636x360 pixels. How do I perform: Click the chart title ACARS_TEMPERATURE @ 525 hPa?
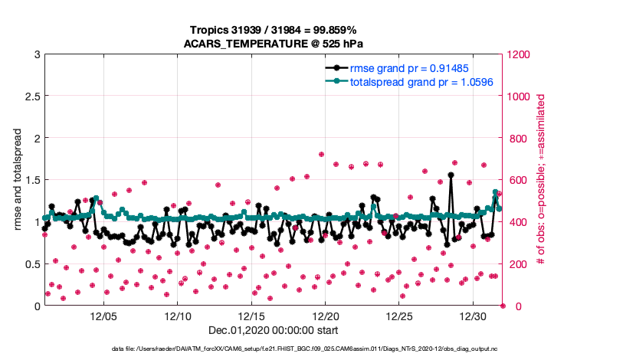click(273, 44)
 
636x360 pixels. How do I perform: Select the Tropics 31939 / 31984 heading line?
click(273, 30)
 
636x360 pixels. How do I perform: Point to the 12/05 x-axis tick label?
click(103, 316)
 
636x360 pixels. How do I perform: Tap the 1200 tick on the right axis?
click(520, 55)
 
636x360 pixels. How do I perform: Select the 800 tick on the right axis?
click(516, 139)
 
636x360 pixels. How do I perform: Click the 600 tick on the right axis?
click(516, 181)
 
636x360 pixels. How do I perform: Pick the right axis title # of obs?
click(541, 180)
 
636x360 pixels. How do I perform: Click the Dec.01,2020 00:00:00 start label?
click(273, 331)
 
